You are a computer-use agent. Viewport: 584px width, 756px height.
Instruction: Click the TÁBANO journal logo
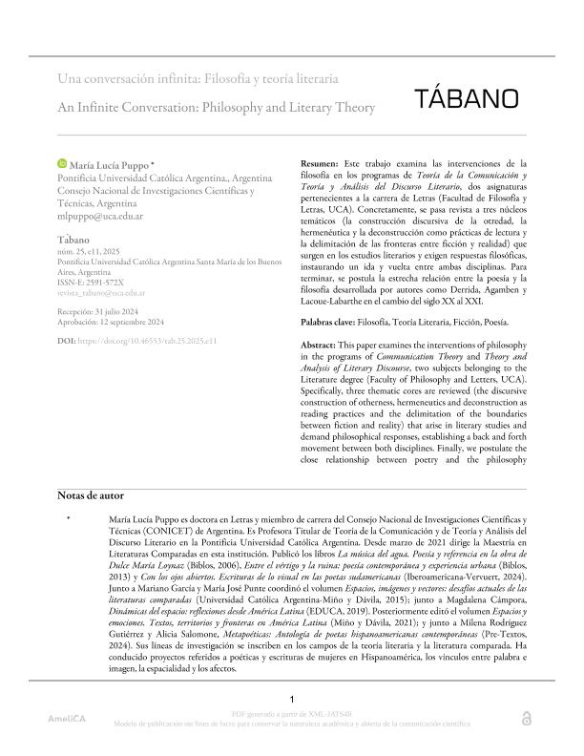pos(468,98)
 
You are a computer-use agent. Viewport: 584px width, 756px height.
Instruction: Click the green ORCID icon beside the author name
pos(64,166)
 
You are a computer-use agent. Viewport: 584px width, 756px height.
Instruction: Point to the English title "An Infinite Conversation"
pos(217,108)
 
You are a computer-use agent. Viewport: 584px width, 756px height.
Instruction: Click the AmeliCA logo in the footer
pos(68,744)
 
